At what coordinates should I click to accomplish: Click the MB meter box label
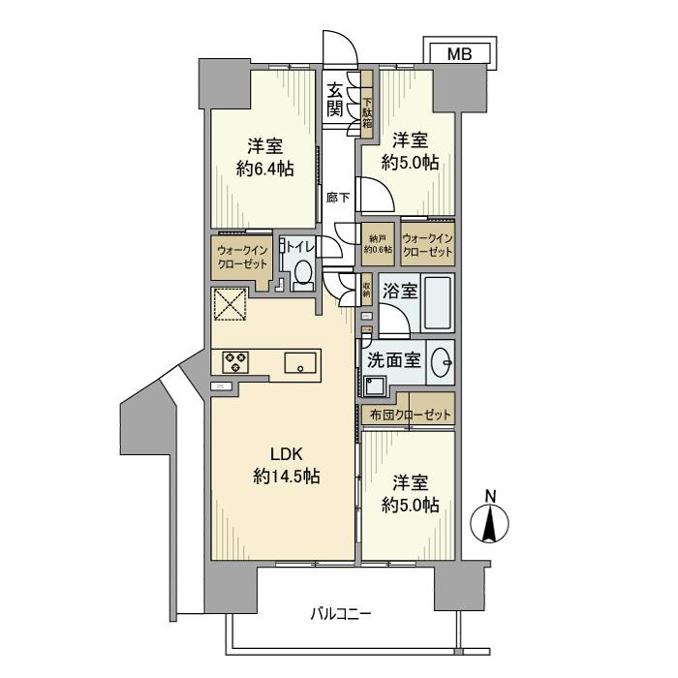460,55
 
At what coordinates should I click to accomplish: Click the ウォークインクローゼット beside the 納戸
427,244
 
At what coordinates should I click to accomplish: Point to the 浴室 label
398,290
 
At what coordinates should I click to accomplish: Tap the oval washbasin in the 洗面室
444,361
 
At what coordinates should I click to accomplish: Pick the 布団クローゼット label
411,415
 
